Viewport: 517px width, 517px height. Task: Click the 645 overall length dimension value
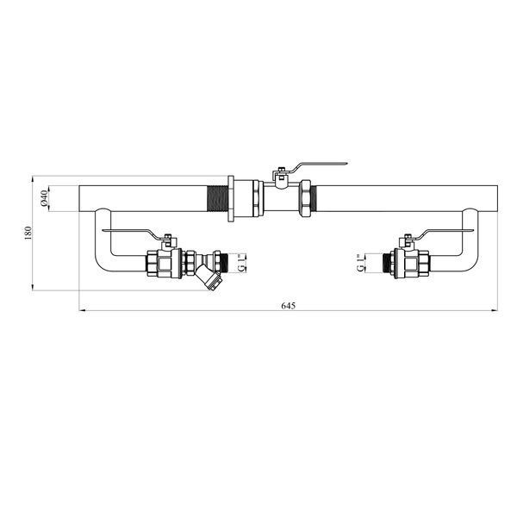288,306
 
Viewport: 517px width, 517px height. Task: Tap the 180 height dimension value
28,234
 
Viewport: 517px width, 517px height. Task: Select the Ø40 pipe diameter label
44,198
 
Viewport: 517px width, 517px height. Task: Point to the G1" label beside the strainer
241,263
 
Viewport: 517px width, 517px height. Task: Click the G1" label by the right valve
361,263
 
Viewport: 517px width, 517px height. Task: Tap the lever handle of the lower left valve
132,233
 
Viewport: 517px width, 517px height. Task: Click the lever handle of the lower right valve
445,233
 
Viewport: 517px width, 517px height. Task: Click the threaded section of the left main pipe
218,198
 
